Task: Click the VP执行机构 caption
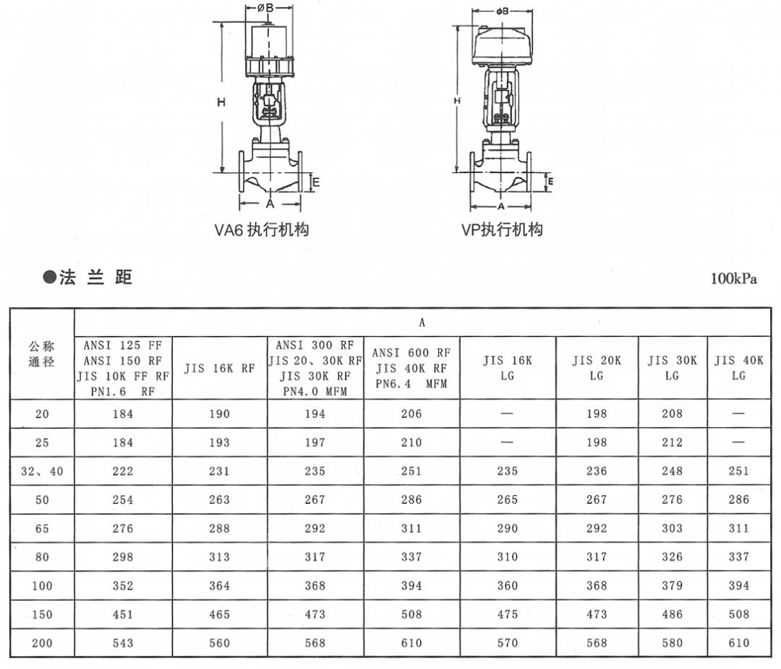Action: (502, 230)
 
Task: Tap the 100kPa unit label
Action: (734, 279)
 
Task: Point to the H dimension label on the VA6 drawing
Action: (221, 103)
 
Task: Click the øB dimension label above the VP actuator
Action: (502, 11)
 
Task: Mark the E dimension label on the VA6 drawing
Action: (315, 183)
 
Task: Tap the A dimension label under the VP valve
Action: (500, 206)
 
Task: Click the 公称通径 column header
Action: (42, 354)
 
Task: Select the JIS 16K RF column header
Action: (219, 368)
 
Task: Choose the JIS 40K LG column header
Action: (738, 368)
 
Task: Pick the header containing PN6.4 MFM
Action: (411, 368)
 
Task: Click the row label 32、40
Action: (42, 471)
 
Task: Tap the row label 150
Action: (42, 614)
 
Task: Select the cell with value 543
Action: (123, 643)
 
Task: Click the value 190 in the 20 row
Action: (219, 414)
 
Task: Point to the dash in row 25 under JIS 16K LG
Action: (507, 442)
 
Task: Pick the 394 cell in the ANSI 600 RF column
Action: (411, 586)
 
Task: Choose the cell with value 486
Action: (672, 614)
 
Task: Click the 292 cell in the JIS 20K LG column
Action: (596, 529)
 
